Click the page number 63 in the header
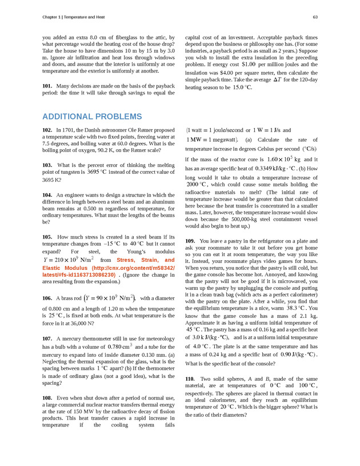pyautogui.click(x=315, y=17)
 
